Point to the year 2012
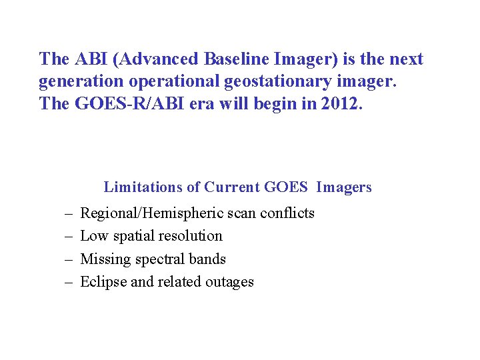pos(343,105)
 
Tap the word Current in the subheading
pos(232,187)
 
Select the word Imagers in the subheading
pos(344,187)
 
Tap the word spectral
pos(155,259)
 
